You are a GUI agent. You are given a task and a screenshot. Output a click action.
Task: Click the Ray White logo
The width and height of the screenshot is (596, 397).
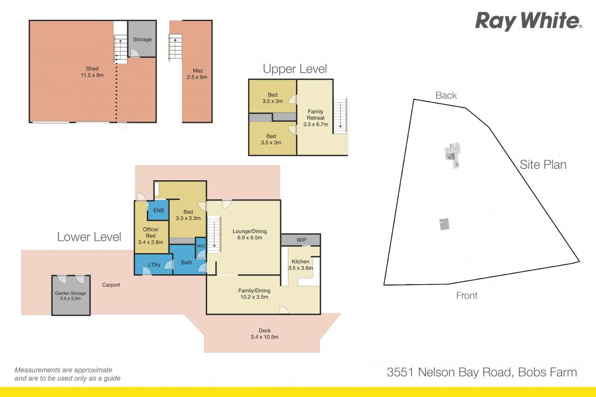tap(529, 21)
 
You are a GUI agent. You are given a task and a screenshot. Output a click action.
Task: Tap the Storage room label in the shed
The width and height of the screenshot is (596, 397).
tap(142, 39)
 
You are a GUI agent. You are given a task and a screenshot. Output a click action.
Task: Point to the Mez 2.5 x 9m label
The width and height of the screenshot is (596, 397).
tap(197, 74)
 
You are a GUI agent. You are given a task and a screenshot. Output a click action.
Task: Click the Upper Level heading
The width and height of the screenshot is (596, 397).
tap(295, 69)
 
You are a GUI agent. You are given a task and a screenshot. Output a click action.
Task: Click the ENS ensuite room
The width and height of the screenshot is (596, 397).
tap(158, 210)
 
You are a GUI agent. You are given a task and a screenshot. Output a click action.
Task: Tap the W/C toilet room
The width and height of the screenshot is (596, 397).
tap(201, 248)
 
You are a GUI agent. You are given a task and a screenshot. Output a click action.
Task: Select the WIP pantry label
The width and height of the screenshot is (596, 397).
tap(302, 240)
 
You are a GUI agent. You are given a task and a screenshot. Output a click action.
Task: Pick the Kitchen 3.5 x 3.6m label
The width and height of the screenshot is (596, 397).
tap(300, 265)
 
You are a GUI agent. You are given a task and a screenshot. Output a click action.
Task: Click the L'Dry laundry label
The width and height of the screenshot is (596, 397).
tap(154, 264)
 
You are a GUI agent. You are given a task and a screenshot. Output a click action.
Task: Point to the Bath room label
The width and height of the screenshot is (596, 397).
tap(186, 263)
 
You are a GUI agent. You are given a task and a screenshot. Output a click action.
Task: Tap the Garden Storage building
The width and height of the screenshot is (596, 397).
tap(71, 295)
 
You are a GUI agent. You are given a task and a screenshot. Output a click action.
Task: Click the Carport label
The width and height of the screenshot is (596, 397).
tap(111, 285)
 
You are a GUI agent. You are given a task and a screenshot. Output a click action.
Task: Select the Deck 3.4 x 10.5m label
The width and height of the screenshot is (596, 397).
tap(264, 334)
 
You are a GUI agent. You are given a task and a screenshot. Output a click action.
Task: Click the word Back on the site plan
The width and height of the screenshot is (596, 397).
tap(446, 95)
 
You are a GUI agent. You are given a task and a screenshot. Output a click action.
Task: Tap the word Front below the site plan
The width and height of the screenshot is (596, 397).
tap(467, 295)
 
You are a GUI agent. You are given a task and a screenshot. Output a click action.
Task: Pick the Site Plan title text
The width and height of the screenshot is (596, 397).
tap(543, 165)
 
